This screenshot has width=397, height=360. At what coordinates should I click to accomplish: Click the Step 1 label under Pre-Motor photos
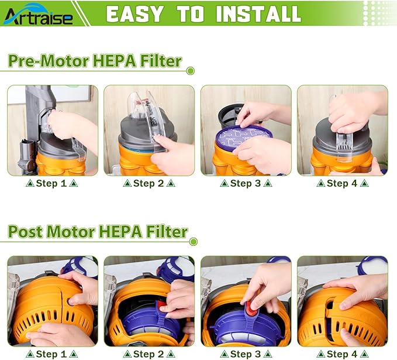(x=52, y=183)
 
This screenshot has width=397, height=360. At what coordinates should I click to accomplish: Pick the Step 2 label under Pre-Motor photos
(x=149, y=183)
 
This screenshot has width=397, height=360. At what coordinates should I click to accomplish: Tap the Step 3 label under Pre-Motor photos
(x=246, y=183)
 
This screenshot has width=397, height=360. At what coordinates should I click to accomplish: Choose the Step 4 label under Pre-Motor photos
(x=342, y=183)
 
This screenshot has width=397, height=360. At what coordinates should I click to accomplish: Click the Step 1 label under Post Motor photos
(x=52, y=354)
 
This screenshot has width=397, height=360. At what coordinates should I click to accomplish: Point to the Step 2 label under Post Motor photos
(x=149, y=354)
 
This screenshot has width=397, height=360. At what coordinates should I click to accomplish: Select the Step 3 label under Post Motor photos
(x=246, y=354)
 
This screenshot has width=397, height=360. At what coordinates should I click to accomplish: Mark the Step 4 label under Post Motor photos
(x=342, y=354)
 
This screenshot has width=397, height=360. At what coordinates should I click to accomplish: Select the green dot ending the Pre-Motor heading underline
(x=190, y=71)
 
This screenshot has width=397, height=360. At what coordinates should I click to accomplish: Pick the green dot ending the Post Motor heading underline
(x=194, y=241)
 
